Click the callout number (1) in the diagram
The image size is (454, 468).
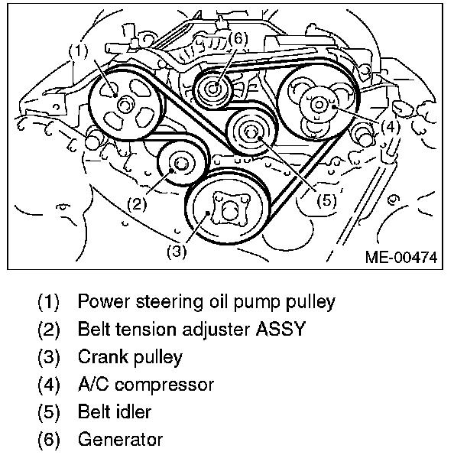79,51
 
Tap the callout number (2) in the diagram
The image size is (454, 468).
137,204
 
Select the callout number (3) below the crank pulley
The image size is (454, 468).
177,252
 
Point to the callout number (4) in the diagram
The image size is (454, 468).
391,127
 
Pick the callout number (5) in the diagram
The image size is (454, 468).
326,200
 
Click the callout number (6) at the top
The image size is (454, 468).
238,39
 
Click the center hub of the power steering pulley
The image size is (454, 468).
125,105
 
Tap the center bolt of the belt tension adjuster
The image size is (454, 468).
180,164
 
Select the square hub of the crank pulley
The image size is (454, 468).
229,210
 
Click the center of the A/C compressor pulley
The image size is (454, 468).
319,105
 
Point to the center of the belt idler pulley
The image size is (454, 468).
251,132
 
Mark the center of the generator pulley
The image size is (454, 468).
213,89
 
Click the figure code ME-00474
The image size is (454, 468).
401,257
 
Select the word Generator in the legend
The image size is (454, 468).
120,440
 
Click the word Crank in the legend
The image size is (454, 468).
103,356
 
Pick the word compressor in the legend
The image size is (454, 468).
164,385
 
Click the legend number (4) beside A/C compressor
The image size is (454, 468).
49,385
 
